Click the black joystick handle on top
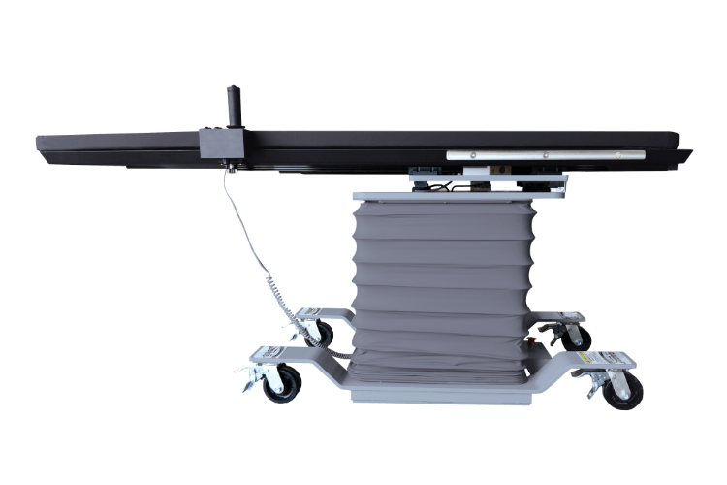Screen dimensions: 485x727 [233, 102]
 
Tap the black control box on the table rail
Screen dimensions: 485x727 [220, 144]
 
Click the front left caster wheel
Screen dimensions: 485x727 [282, 382]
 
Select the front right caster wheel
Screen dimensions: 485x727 [621, 390]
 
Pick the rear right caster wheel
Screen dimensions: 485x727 [577, 337]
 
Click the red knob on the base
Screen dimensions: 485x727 [531, 341]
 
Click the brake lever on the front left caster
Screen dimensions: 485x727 [248, 383]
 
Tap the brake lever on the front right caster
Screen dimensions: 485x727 [593, 389]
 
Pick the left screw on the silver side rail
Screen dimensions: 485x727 [473, 154]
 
